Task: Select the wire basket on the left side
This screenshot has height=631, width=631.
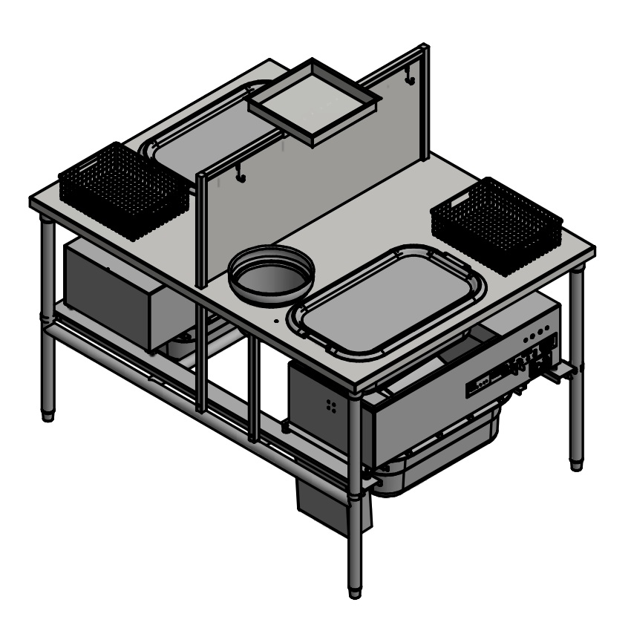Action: click(x=123, y=190)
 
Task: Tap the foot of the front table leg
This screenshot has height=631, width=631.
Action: click(x=356, y=592)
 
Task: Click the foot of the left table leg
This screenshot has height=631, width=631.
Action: click(x=48, y=415)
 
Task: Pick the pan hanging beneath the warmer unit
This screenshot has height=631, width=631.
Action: click(x=445, y=460)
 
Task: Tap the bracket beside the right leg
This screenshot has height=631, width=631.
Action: click(x=560, y=371)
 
